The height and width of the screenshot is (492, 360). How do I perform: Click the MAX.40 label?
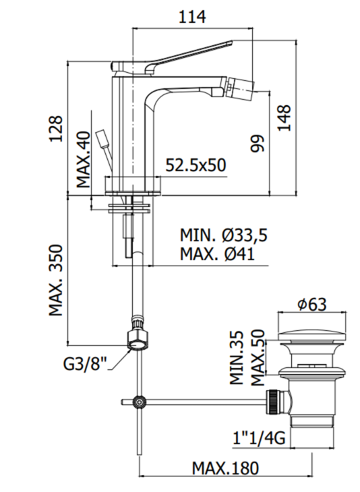(83, 160)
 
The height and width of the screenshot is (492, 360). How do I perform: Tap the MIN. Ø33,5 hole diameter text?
(223, 235)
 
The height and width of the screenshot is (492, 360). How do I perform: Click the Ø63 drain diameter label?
(311, 305)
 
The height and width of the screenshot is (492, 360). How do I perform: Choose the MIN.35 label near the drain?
(236, 357)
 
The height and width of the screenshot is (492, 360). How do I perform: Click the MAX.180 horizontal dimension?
(225, 468)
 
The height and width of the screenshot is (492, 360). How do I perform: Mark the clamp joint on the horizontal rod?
(139, 402)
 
